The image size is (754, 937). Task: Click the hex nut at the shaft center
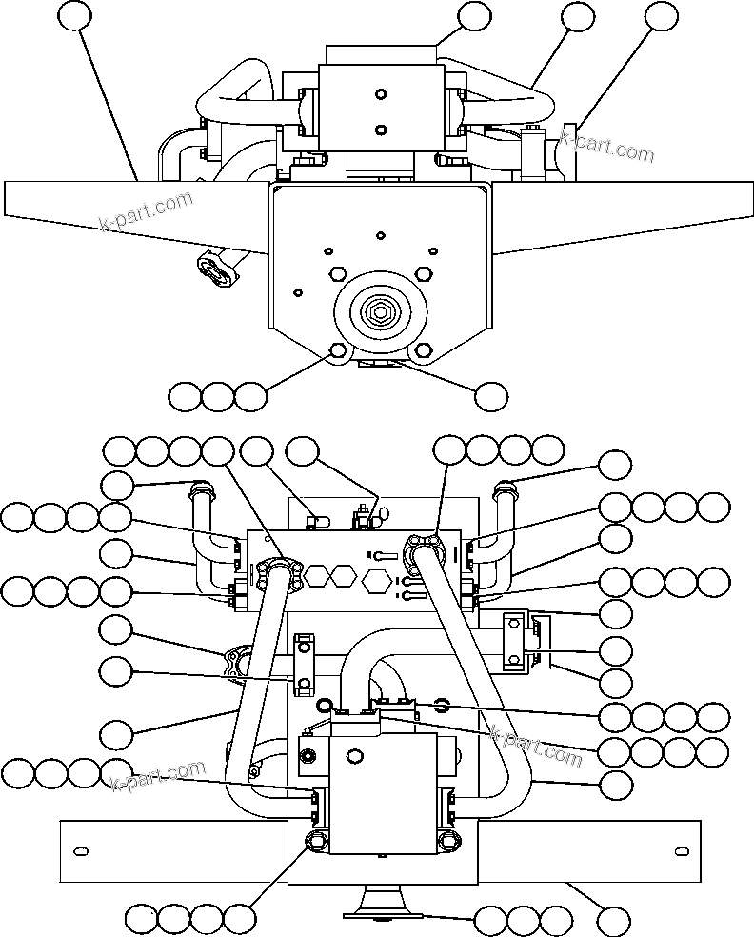[379, 311]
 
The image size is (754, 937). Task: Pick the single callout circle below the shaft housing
[491, 396]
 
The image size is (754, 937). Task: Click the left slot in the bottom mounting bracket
[81, 849]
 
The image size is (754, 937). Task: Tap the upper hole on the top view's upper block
[380, 94]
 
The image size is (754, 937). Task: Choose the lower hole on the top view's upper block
[380, 130]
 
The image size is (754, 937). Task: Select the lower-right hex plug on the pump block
[449, 838]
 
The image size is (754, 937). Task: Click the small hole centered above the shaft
[380, 234]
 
